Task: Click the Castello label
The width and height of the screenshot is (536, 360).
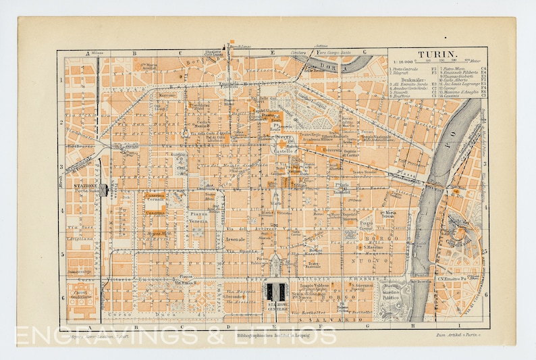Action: coord(281,152)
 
